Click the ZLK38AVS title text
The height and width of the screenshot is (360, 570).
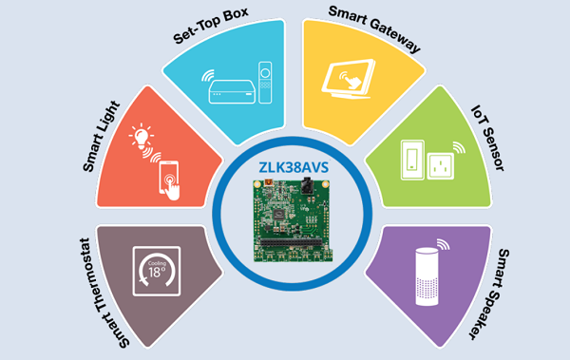coord(294,167)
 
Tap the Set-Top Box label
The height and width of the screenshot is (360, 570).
coord(211,25)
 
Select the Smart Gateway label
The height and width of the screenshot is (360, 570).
coord(374,28)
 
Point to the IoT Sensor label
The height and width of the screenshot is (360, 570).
coord(488,138)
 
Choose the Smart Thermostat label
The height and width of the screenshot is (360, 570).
coord(104,294)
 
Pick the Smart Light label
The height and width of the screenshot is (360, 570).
coord(101,137)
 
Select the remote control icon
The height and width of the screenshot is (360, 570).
coord(265,83)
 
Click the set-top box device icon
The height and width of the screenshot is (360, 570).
coord(231,91)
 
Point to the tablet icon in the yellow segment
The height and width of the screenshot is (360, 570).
coord(349,79)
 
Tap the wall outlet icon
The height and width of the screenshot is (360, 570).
coord(441,166)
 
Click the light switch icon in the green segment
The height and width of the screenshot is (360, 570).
coord(412,160)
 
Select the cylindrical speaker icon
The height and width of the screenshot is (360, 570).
coord(427,276)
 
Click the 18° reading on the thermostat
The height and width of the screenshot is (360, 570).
coord(157,272)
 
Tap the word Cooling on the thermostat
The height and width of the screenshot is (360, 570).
coord(157,263)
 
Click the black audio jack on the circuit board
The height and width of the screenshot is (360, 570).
coord(307,186)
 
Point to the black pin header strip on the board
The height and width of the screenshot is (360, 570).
coord(292,242)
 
